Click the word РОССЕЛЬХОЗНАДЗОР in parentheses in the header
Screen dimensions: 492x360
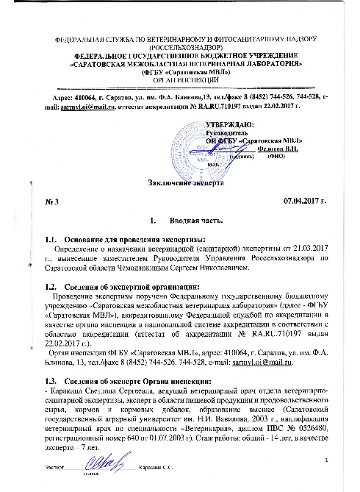coord(180,46)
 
